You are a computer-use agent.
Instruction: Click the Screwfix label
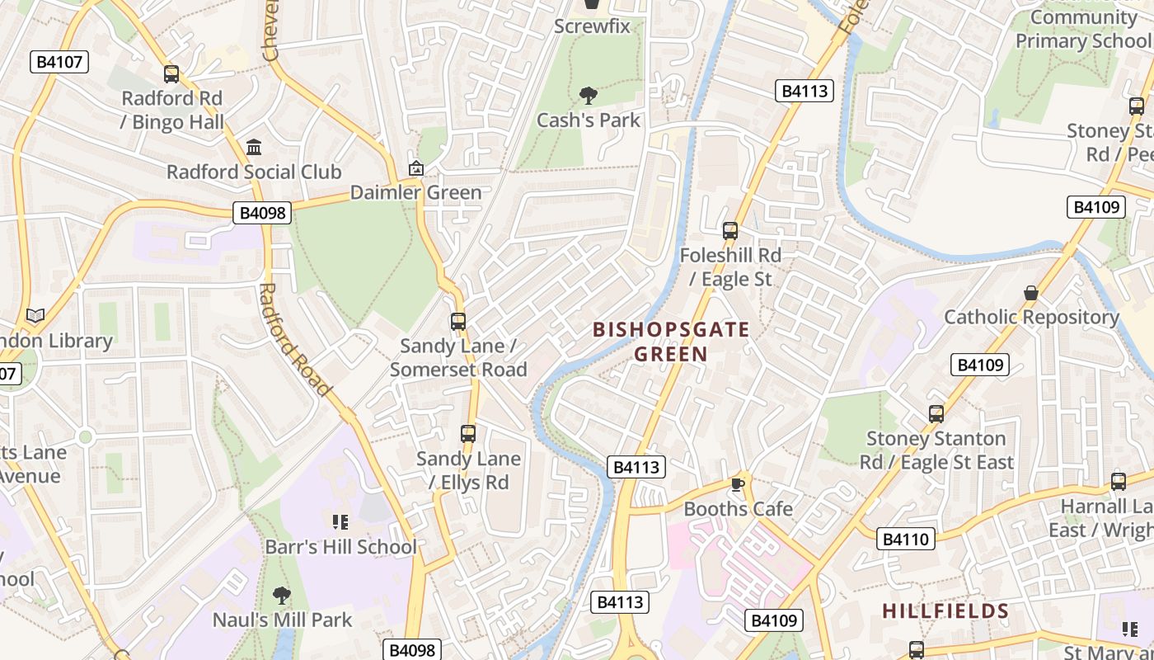pos(592,26)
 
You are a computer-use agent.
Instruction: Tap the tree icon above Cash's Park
pos(589,96)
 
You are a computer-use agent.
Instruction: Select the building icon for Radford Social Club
pos(254,148)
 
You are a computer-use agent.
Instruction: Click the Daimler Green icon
pos(416,169)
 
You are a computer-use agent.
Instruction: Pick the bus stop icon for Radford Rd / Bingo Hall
pos(171,74)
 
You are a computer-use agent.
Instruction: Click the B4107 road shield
pos(59,62)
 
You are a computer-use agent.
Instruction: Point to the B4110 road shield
pos(905,540)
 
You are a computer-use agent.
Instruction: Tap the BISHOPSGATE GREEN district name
pos(671,342)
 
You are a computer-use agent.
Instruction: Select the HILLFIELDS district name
pos(945,611)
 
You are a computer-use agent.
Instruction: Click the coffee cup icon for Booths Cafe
pos(738,484)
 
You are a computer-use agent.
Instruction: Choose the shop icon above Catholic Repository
pos(1030,293)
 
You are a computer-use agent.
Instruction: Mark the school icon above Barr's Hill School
pos(340,521)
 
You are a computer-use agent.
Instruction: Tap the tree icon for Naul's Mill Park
pos(282,595)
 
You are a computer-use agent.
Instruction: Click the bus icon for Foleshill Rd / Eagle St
pos(730,231)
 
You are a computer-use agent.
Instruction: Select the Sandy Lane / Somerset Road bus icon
pos(458,322)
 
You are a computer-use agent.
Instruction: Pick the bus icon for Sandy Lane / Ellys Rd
pos(468,434)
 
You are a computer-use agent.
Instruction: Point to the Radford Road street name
pos(294,339)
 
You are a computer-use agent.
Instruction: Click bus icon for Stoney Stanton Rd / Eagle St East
pos(936,414)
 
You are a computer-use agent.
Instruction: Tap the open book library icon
pos(35,316)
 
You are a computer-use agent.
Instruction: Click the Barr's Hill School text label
pos(340,547)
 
